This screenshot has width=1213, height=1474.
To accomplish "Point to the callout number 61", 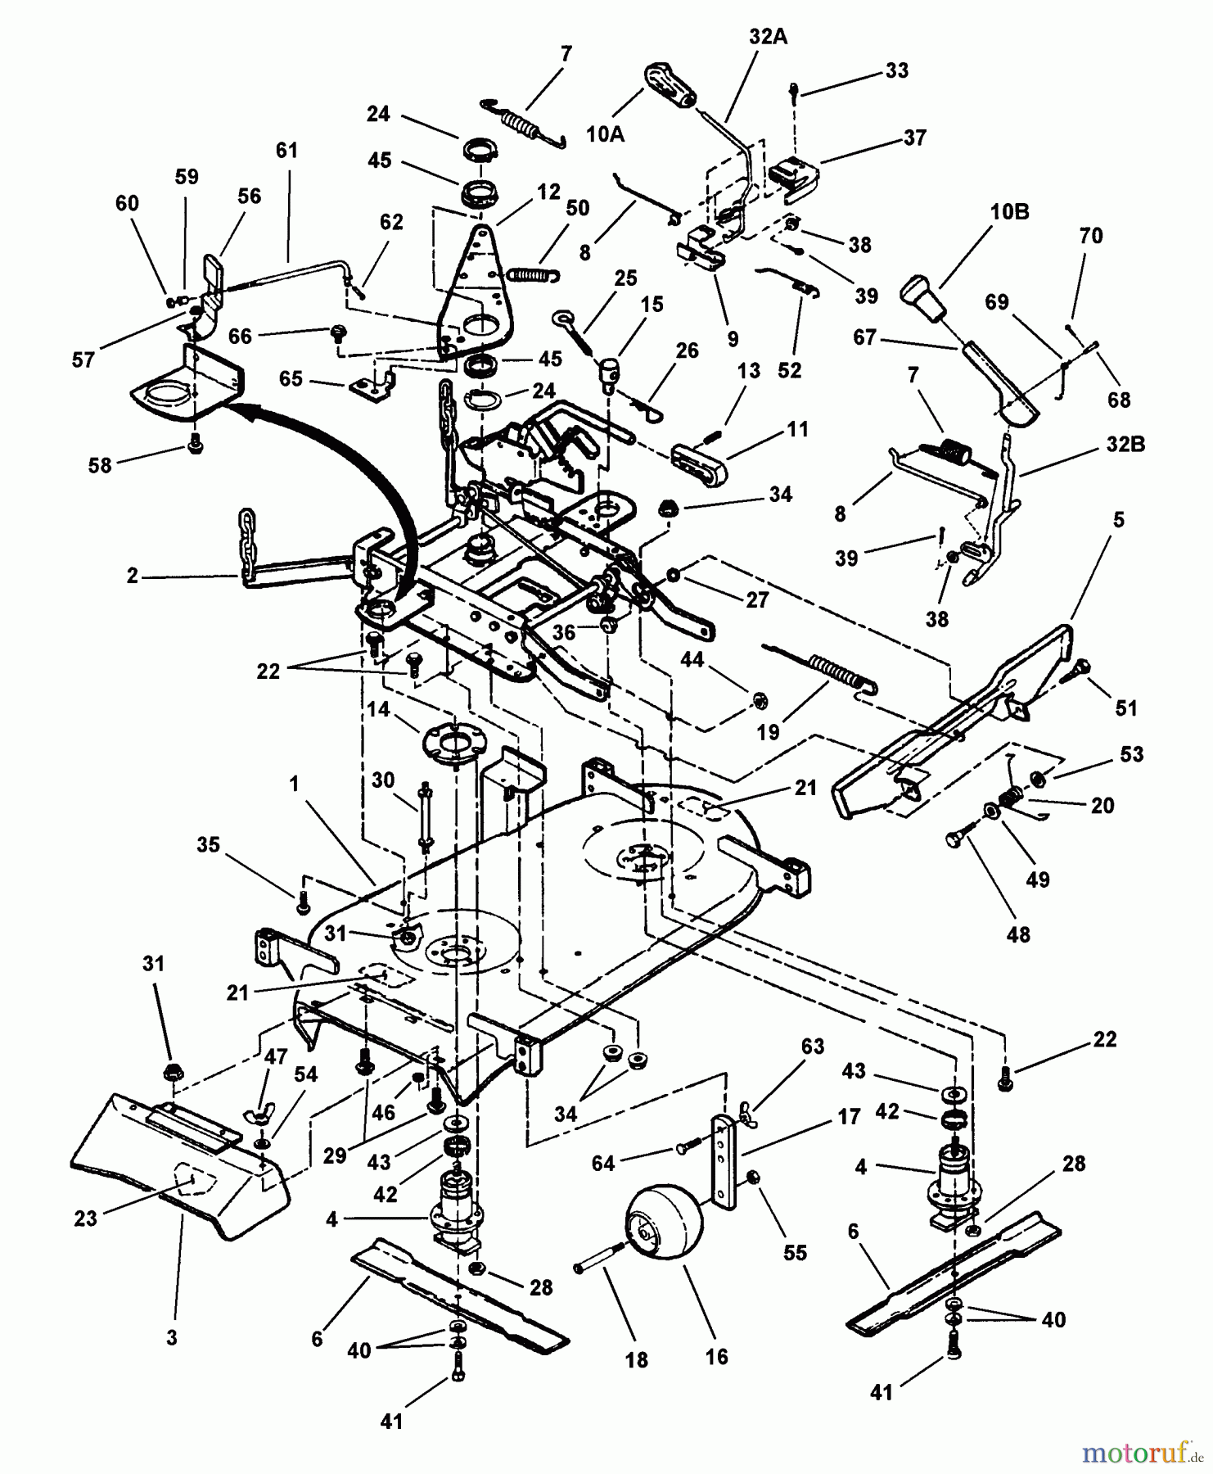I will [x=287, y=150].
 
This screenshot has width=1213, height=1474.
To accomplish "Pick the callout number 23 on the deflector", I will [x=85, y=1218].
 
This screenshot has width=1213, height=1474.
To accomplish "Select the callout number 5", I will [x=1118, y=519].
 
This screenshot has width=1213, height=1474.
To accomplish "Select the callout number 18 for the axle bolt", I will [x=636, y=1359].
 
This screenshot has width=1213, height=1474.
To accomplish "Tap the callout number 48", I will [x=1018, y=934].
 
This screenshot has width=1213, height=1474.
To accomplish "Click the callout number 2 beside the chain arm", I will [x=133, y=576].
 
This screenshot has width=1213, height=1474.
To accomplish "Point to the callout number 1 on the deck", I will [x=294, y=784].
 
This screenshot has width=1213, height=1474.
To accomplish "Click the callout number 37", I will [x=914, y=137].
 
